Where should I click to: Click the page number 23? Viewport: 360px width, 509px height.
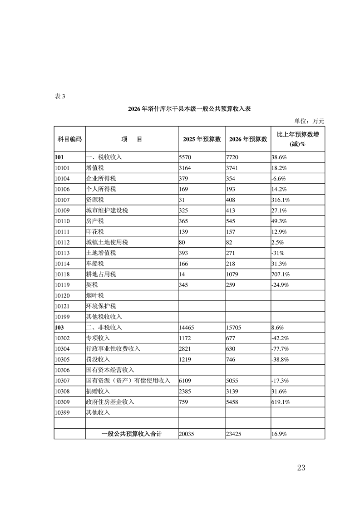[x=300, y=468]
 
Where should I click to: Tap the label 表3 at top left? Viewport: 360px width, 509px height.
[x=60, y=96]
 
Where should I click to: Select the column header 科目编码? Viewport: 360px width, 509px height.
[x=69, y=139]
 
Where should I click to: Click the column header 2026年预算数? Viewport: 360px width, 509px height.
[x=247, y=139]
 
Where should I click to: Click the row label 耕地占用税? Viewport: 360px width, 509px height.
[x=101, y=274]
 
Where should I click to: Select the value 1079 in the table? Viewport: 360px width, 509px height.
[x=232, y=274]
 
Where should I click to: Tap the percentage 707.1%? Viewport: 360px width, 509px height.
[x=281, y=274]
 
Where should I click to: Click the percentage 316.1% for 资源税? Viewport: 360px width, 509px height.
[x=281, y=200]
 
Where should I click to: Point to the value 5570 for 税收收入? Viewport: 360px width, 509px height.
[x=186, y=157]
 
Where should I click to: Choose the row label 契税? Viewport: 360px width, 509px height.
[x=92, y=285]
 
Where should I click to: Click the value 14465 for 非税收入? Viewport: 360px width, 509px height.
[x=188, y=327]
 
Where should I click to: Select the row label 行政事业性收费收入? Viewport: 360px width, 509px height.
[x=113, y=348]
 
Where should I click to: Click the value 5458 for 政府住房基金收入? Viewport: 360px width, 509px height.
[x=232, y=402]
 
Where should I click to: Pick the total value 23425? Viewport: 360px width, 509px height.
[x=234, y=434]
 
